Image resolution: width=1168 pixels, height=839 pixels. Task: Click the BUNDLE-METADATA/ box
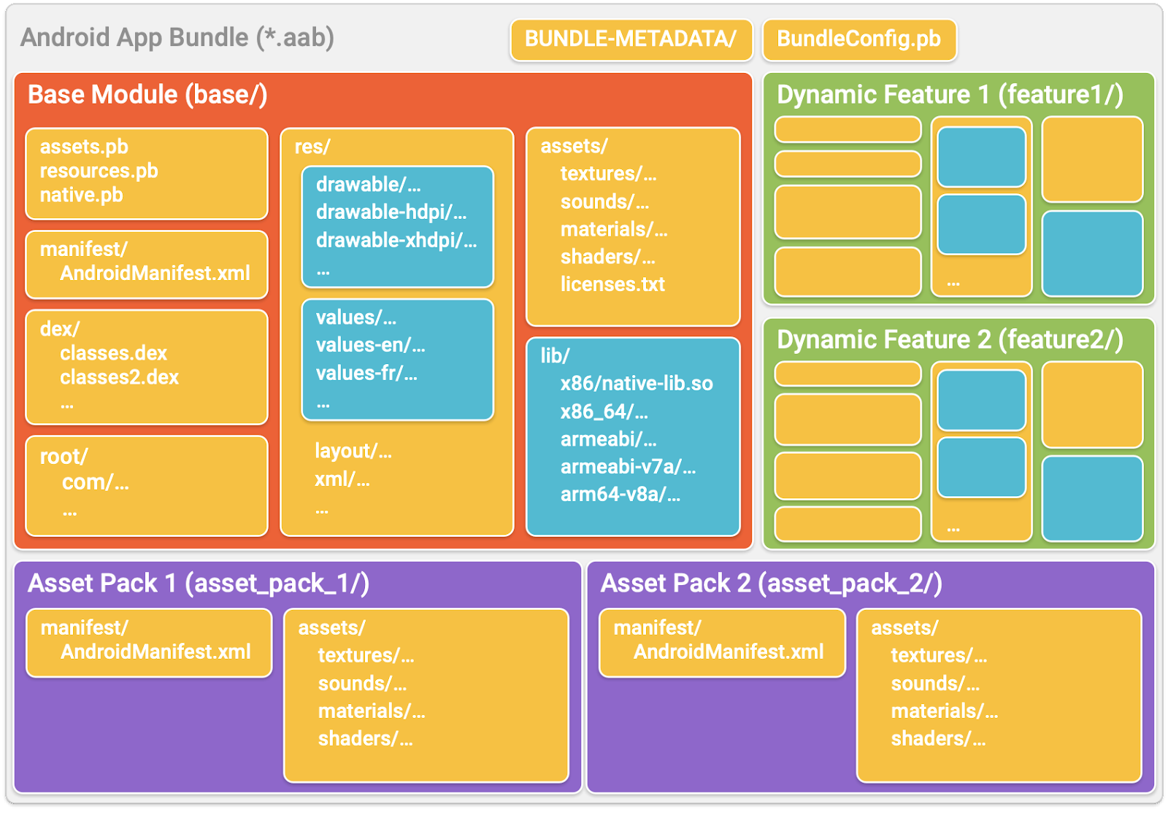click(x=631, y=39)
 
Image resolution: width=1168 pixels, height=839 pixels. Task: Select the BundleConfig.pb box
click(x=858, y=39)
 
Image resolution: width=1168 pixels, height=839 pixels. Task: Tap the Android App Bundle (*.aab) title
click(x=177, y=38)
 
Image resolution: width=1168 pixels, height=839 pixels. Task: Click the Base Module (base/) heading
click(x=147, y=95)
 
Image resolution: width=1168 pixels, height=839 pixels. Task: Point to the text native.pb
click(x=81, y=196)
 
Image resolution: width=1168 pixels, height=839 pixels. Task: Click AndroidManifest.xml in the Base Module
click(x=155, y=274)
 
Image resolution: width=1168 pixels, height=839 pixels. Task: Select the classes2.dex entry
click(x=119, y=377)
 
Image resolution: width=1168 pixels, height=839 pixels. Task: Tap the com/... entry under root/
click(x=95, y=482)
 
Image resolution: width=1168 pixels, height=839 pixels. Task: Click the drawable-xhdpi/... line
click(x=396, y=241)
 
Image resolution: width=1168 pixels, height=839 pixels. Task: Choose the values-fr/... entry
click(x=366, y=374)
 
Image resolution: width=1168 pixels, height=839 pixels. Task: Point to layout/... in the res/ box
click(x=353, y=452)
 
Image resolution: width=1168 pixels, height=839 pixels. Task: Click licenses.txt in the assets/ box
click(x=612, y=285)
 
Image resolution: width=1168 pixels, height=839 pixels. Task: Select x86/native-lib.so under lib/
click(x=637, y=384)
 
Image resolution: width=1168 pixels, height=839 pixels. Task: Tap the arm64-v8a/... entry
click(x=620, y=495)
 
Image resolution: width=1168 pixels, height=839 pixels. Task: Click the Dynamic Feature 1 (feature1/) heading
click(x=950, y=95)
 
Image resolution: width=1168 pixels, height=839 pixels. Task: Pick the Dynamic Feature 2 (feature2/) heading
click(x=950, y=340)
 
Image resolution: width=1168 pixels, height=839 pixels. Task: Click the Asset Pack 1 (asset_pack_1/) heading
click(x=199, y=584)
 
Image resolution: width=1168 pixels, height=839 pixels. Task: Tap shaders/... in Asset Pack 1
click(x=365, y=739)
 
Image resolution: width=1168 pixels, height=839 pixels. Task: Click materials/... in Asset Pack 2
click(x=944, y=711)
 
